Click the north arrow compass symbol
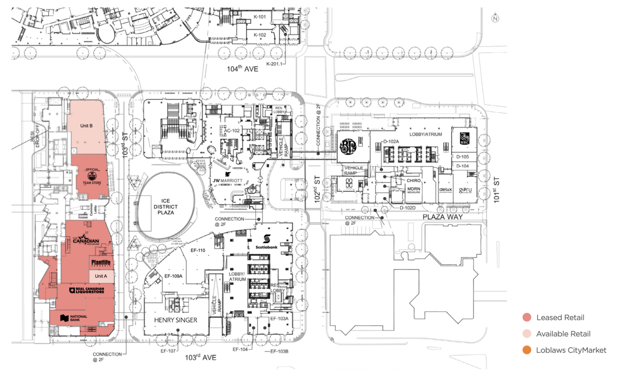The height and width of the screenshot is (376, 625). click(495, 19)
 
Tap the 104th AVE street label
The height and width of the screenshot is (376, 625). click(242, 69)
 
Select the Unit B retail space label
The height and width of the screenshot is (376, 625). click(86, 126)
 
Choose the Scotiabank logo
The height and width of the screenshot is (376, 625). click(267, 242)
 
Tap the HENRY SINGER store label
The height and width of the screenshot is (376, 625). click(176, 320)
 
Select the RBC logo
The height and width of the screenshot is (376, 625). click(464, 139)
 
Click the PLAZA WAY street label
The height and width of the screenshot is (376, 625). click(442, 217)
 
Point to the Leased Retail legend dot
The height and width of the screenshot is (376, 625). click(526, 317)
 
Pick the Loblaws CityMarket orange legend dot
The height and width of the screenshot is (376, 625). click(526, 350)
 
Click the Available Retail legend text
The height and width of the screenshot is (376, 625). click(563, 334)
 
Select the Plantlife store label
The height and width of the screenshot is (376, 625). click(102, 263)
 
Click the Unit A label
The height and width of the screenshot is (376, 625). click(101, 276)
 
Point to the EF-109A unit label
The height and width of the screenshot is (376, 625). click(173, 276)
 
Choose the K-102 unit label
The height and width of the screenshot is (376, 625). click(260, 35)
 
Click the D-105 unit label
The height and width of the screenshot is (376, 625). click(462, 157)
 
